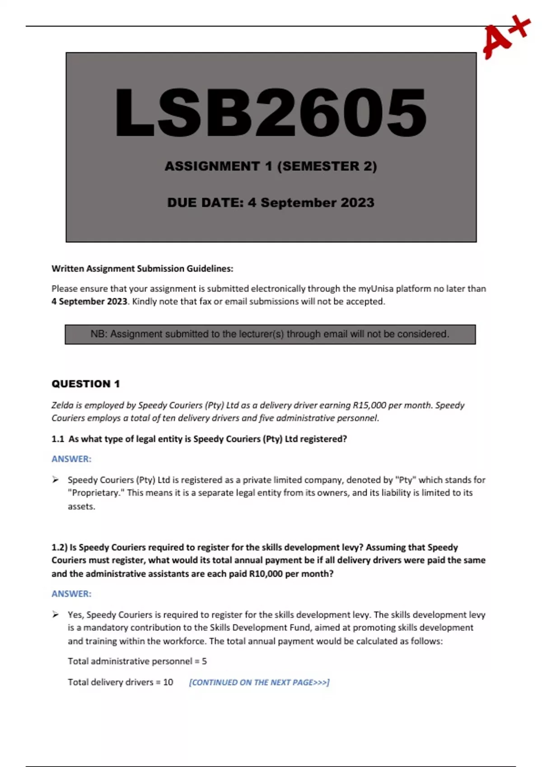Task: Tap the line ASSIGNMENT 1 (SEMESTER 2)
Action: click(x=271, y=166)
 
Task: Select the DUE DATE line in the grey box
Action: click(x=271, y=203)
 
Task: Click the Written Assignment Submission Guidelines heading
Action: click(x=142, y=269)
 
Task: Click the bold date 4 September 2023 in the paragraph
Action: click(x=89, y=301)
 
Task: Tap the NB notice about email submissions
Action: click(x=270, y=334)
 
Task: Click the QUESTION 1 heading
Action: click(x=85, y=384)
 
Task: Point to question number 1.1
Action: click(x=58, y=439)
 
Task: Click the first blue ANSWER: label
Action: click(x=71, y=459)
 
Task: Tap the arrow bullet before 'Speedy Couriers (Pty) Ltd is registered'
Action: click(x=55, y=480)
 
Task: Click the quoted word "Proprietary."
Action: click(x=96, y=493)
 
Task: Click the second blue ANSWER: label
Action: click(x=71, y=594)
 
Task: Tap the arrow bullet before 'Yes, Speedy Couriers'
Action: click(x=55, y=615)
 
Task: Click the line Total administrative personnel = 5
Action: click(x=137, y=661)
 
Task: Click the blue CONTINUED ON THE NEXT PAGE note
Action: click(x=259, y=682)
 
